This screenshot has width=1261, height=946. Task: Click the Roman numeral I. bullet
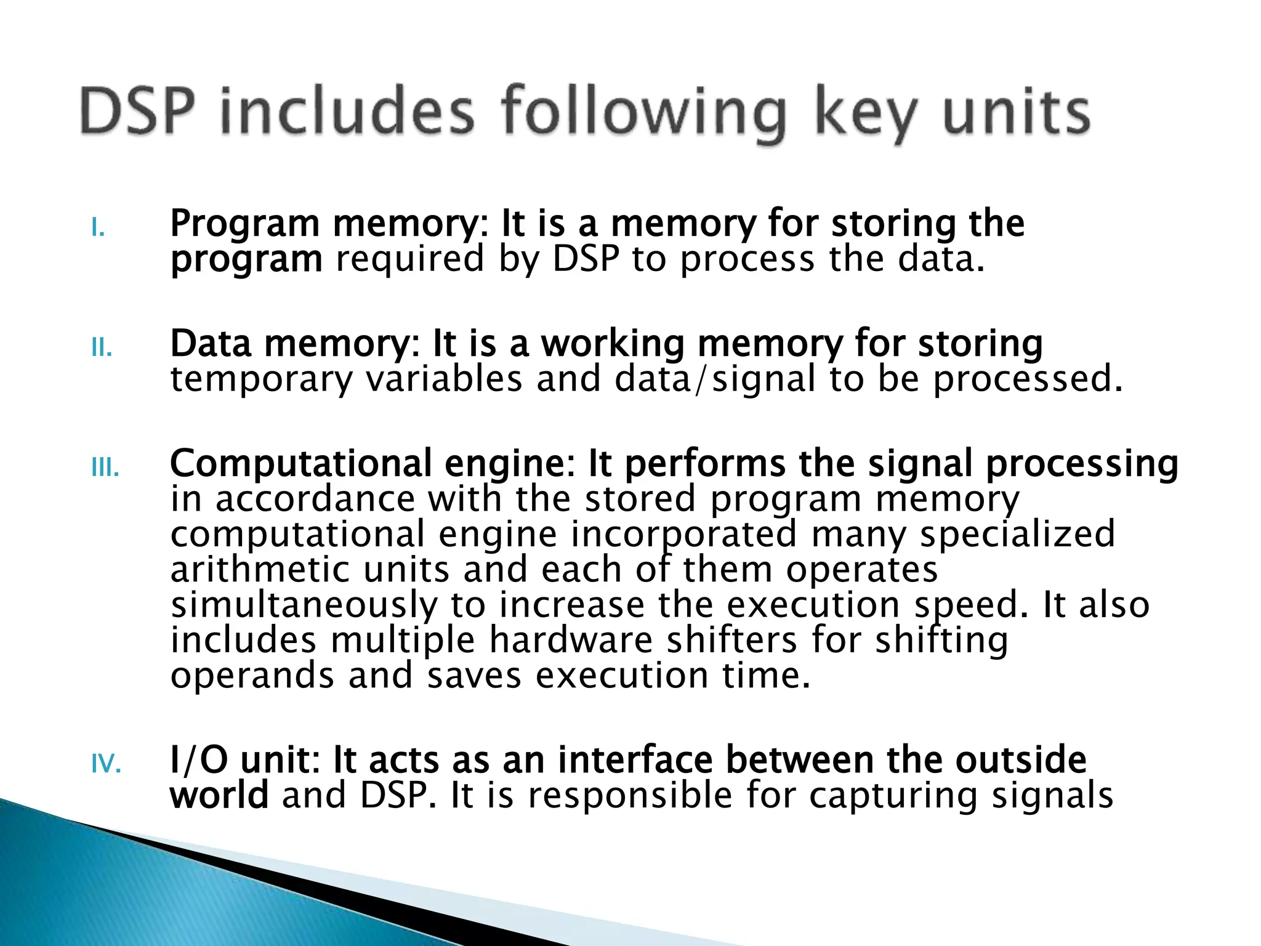tap(98, 229)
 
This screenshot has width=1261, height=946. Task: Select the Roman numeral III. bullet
tap(105, 469)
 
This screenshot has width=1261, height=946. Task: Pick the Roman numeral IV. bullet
tap(106, 766)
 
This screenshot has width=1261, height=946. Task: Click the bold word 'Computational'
tap(301, 463)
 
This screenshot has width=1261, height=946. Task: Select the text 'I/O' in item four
tap(198, 760)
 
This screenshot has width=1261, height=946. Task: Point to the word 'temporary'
tap(261, 379)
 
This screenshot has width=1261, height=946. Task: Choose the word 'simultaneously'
tap(304, 605)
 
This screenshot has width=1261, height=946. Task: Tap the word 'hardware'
tap(571, 640)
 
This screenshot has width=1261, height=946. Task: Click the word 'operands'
tap(252, 676)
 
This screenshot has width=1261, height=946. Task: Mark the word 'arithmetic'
tap(260, 570)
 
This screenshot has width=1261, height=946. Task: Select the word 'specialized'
tap(1017, 534)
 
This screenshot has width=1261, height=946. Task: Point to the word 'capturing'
tap(893, 796)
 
